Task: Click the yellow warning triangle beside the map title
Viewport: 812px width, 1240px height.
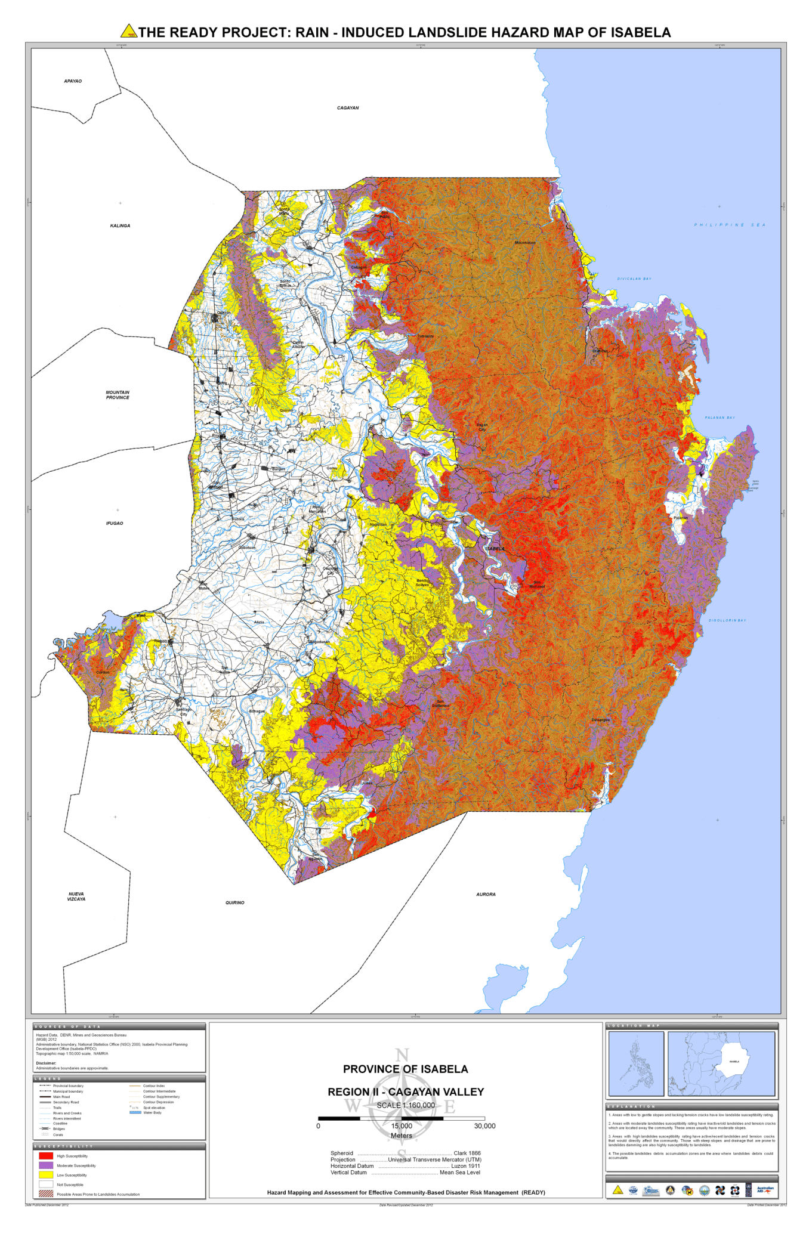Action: click(x=128, y=31)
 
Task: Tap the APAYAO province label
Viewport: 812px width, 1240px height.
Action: click(x=73, y=81)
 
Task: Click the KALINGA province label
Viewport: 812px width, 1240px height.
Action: click(x=120, y=226)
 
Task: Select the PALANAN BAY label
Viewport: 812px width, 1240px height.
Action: click(x=720, y=418)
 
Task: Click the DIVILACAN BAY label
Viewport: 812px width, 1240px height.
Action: click(x=634, y=279)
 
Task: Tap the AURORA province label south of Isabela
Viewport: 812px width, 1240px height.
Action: click(x=486, y=895)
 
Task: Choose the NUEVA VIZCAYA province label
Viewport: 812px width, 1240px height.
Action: click(x=76, y=896)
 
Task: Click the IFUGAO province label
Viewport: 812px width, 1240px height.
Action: click(x=115, y=523)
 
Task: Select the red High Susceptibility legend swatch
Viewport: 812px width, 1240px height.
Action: click(x=46, y=1156)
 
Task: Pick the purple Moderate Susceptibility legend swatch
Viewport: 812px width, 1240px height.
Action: click(x=46, y=1165)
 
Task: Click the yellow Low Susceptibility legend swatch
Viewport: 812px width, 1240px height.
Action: click(x=46, y=1175)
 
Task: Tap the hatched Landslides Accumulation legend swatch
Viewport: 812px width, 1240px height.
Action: click(x=46, y=1194)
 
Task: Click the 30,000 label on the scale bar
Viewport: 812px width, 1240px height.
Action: click(x=484, y=1126)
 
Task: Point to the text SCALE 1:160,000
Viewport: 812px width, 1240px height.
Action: click(x=406, y=1105)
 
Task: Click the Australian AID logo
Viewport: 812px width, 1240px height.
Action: click(x=764, y=1189)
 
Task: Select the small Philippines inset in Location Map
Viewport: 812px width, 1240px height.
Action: click(x=636, y=1063)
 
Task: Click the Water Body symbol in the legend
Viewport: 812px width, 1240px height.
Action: click(x=135, y=1112)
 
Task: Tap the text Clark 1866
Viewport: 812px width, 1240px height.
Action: click(x=467, y=1153)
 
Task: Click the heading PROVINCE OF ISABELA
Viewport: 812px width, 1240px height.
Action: click(x=406, y=1069)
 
